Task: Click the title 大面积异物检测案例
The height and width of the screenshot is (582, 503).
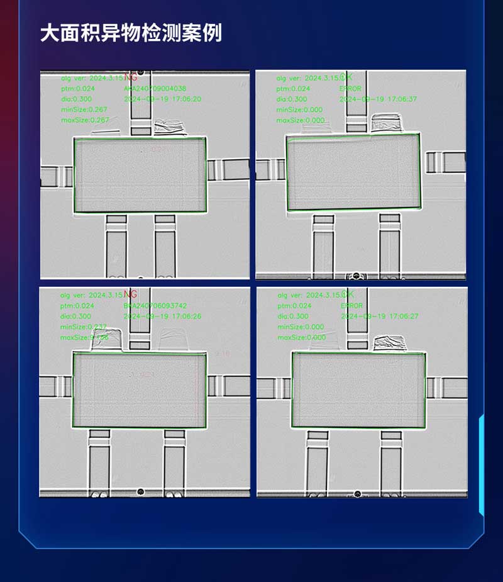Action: click(131, 33)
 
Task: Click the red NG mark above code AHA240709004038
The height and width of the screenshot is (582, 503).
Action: click(130, 77)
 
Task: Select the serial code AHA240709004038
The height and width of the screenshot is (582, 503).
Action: click(155, 89)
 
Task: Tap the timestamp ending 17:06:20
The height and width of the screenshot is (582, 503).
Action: click(163, 99)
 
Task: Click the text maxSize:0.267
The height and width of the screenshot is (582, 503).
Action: click(85, 120)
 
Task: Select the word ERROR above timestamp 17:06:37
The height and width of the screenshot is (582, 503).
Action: click(350, 89)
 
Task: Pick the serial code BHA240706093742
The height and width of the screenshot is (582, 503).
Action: click(155, 306)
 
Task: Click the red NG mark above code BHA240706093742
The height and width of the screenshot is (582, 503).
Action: click(130, 294)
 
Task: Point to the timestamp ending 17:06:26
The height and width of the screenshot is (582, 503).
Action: click(163, 316)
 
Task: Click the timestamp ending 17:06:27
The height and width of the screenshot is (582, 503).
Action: click(380, 316)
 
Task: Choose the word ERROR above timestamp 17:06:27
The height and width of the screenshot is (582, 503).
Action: click(351, 306)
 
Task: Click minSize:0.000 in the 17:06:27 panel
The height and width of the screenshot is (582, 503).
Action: click(301, 327)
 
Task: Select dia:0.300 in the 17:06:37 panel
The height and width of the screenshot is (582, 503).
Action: click(292, 99)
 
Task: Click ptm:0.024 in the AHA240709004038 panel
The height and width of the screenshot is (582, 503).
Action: click(77, 89)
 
